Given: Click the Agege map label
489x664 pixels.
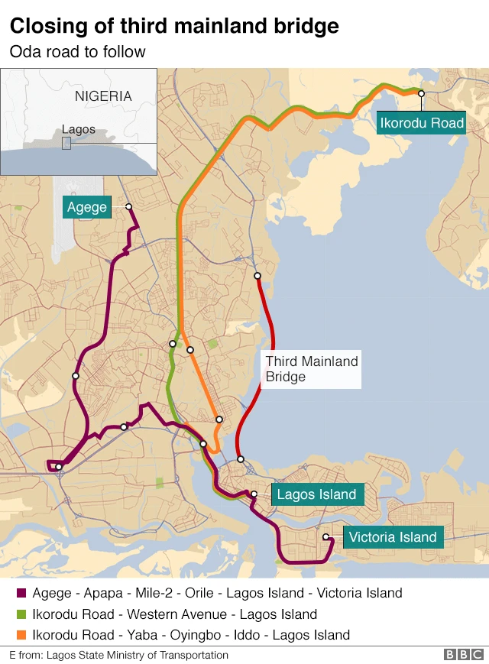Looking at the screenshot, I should pyautogui.click(x=87, y=207).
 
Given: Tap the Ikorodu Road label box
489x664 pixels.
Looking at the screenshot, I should pyautogui.click(x=422, y=122).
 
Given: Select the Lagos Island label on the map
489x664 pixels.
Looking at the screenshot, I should pyautogui.click(x=316, y=494).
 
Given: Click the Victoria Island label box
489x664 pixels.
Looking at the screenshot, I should pyautogui.click(x=393, y=537).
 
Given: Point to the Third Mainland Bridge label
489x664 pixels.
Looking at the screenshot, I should pyautogui.click(x=311, y=369).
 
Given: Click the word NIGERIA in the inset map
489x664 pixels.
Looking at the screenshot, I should pyautogui.click(x=103, y=96).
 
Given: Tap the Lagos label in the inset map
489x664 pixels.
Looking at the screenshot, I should pyautogui.click(x=79, y=129).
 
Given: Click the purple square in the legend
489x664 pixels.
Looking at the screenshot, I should pyautogui.click(x=21, y=593).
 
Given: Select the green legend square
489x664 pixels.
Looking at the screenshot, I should pyautogui.click(x=21, y=614).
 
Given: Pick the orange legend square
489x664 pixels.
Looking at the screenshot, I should pyautogui.click(x=21, y=635).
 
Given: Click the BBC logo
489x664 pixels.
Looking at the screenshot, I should pyautogui.click(x=463, y=655).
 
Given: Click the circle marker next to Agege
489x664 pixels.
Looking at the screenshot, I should pyautogui.click(x=128, y=207).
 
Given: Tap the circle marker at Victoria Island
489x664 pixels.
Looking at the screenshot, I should pyautogui.click(x=326, y=537).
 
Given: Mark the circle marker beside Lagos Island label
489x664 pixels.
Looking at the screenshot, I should pyautogui.click(x=254, y=494).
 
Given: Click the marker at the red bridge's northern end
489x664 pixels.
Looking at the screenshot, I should pyautogui.click(x=257, y=276).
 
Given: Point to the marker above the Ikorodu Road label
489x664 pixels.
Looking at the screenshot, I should pyautogui.click(x=420, y=92).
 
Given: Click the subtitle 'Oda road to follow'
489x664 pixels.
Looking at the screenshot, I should pyautogui.click(x=77, y=52).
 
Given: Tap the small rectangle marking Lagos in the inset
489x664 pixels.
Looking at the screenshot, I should pyautogui.click(x=66, y=143).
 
